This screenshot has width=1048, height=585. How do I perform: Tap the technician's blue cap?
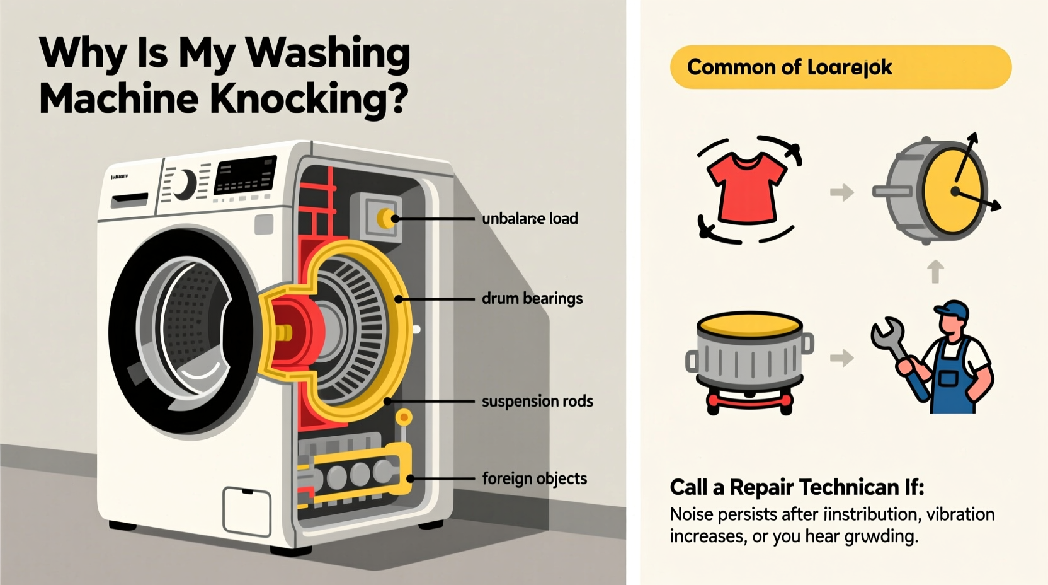[x=952, y=310]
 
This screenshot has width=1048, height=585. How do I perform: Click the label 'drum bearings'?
[x=532, y=298]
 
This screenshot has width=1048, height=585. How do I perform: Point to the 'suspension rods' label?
[x=537, y=402]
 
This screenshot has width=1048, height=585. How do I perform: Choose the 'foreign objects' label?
[x=534, y=478]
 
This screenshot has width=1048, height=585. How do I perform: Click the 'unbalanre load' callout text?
[x=530, y=219]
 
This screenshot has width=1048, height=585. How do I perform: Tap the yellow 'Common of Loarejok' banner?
[x=840, y=67]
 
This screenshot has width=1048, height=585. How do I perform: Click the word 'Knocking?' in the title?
[x=309, y=100]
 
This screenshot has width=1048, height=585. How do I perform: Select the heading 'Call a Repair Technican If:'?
[x=797, y=487]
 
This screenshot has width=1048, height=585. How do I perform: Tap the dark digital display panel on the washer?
[x=245, y=175]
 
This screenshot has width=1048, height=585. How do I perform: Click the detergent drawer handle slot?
[x=130, y=201]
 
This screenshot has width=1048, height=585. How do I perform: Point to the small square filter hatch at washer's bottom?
[x=247, y=511]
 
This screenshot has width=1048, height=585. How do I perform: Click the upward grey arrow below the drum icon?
[x=936, y=272]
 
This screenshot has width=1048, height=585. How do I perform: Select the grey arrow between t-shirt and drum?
[x=841, y=192]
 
